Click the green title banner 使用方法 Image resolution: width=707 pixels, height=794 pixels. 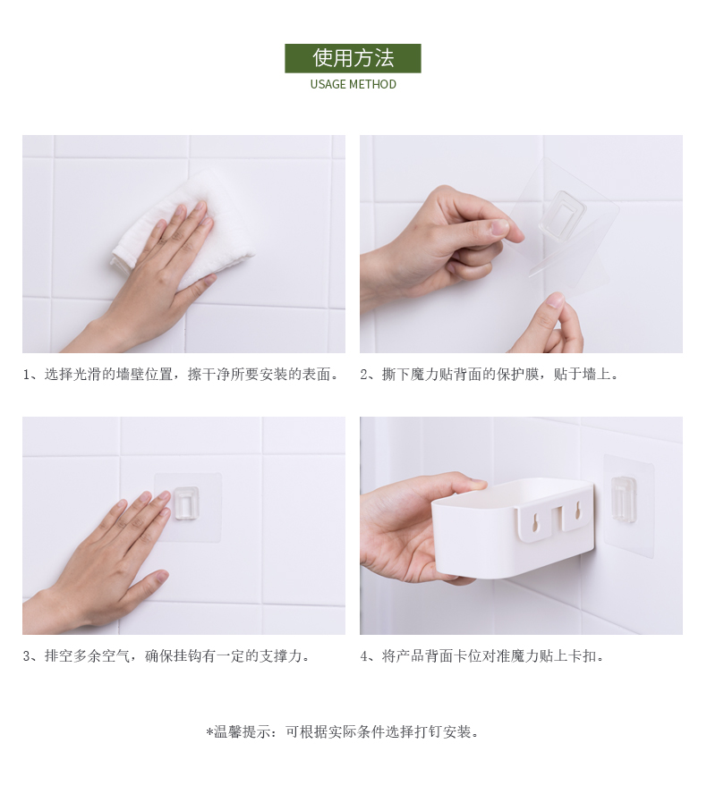click(x=353, y=58)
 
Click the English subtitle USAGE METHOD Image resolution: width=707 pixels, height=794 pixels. click(x=353, y=85)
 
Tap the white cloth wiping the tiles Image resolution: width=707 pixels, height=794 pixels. click(x=185, y=228)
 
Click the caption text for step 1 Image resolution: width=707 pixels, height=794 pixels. click(x=181, y=375)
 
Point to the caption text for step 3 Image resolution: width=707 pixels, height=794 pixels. click(x=166, y=656)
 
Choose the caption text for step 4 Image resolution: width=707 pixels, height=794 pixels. click(x=482, y=656)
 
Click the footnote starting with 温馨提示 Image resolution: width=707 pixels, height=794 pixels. click(x=343, y=731)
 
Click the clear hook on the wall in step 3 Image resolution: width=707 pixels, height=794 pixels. click(x=186, y=503)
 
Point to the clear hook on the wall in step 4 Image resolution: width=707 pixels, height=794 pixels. click(x=625, y=498)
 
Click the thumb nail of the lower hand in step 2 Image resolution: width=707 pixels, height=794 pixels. click(x=556, y=302)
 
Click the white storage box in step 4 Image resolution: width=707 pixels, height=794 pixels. click(x=513, y=529)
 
